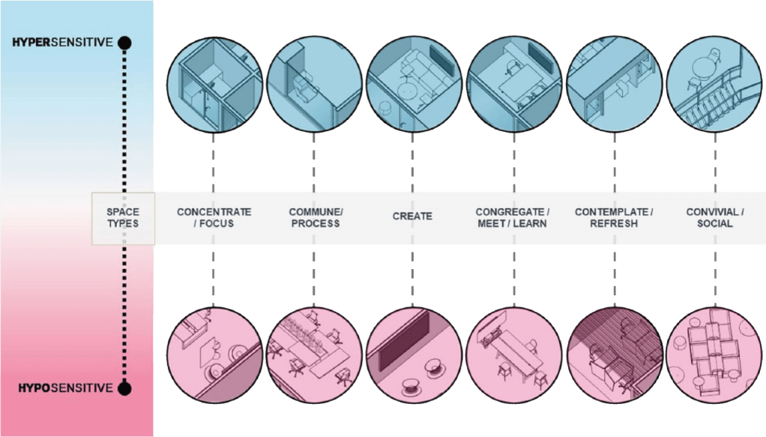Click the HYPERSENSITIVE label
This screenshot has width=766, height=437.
coord(62,43)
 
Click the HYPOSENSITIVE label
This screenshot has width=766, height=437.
coord(62,388)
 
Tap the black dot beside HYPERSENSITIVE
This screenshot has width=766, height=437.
coord(125,43)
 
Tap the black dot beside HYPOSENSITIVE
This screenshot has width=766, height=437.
coord(125,388)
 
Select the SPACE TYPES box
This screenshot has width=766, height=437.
coord(123,218)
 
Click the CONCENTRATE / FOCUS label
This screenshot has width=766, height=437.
coord(214,218)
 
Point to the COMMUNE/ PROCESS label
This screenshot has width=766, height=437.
coord(315,218)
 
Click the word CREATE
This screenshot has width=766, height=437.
coord(412,217)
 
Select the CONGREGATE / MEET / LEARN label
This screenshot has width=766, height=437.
coord(513,218)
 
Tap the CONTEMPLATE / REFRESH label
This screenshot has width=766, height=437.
coord(614,218)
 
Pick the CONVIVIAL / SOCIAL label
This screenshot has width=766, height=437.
coord(714,218)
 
